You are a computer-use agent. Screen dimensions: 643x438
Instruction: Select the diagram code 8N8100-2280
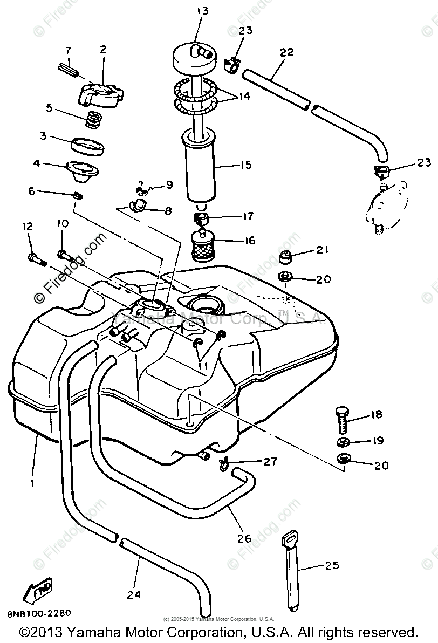39,613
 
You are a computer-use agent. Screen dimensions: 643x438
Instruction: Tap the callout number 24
133,594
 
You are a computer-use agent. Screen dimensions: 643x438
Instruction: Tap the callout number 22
286,52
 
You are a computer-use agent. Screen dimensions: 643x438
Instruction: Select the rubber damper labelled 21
284,258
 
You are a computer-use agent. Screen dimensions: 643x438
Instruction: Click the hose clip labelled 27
223,462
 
